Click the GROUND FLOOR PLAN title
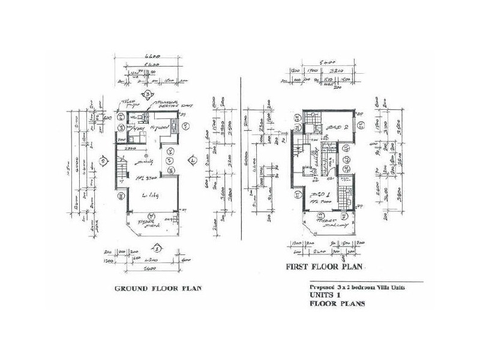[x=158, y=289]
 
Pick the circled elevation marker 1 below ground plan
[x=157, y=247]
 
